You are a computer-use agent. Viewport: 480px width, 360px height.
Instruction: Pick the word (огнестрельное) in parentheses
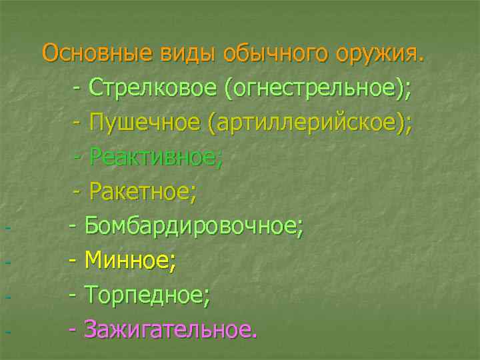(316, 89)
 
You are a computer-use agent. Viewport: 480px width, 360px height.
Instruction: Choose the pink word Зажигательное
(169, 329)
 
